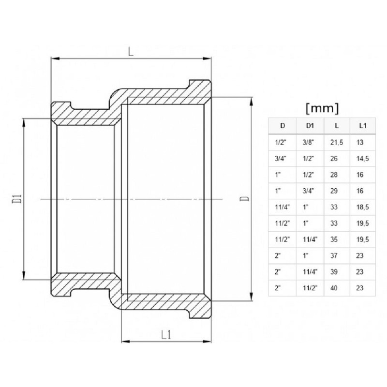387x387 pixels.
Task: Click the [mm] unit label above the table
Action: tap(322, 107)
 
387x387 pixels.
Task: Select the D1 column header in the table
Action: tap(310, 126)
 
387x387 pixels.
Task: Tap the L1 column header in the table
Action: tap(362, 126)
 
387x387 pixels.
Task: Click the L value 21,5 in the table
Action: tap(338, 143)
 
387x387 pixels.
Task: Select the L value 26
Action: tap(336, 158)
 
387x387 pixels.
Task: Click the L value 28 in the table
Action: tap(336, 174)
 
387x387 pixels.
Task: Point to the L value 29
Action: tap(336, 191)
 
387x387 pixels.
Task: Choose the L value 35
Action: tap(336, 239)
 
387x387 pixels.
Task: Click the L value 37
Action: tap(336, 255)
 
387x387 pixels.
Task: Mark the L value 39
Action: tap(336, 271)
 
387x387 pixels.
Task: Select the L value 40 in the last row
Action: tap(336, 287)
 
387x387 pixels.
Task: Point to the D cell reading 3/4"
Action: tap(281, 158)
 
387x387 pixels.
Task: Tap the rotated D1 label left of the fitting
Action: tap(17, 198)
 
